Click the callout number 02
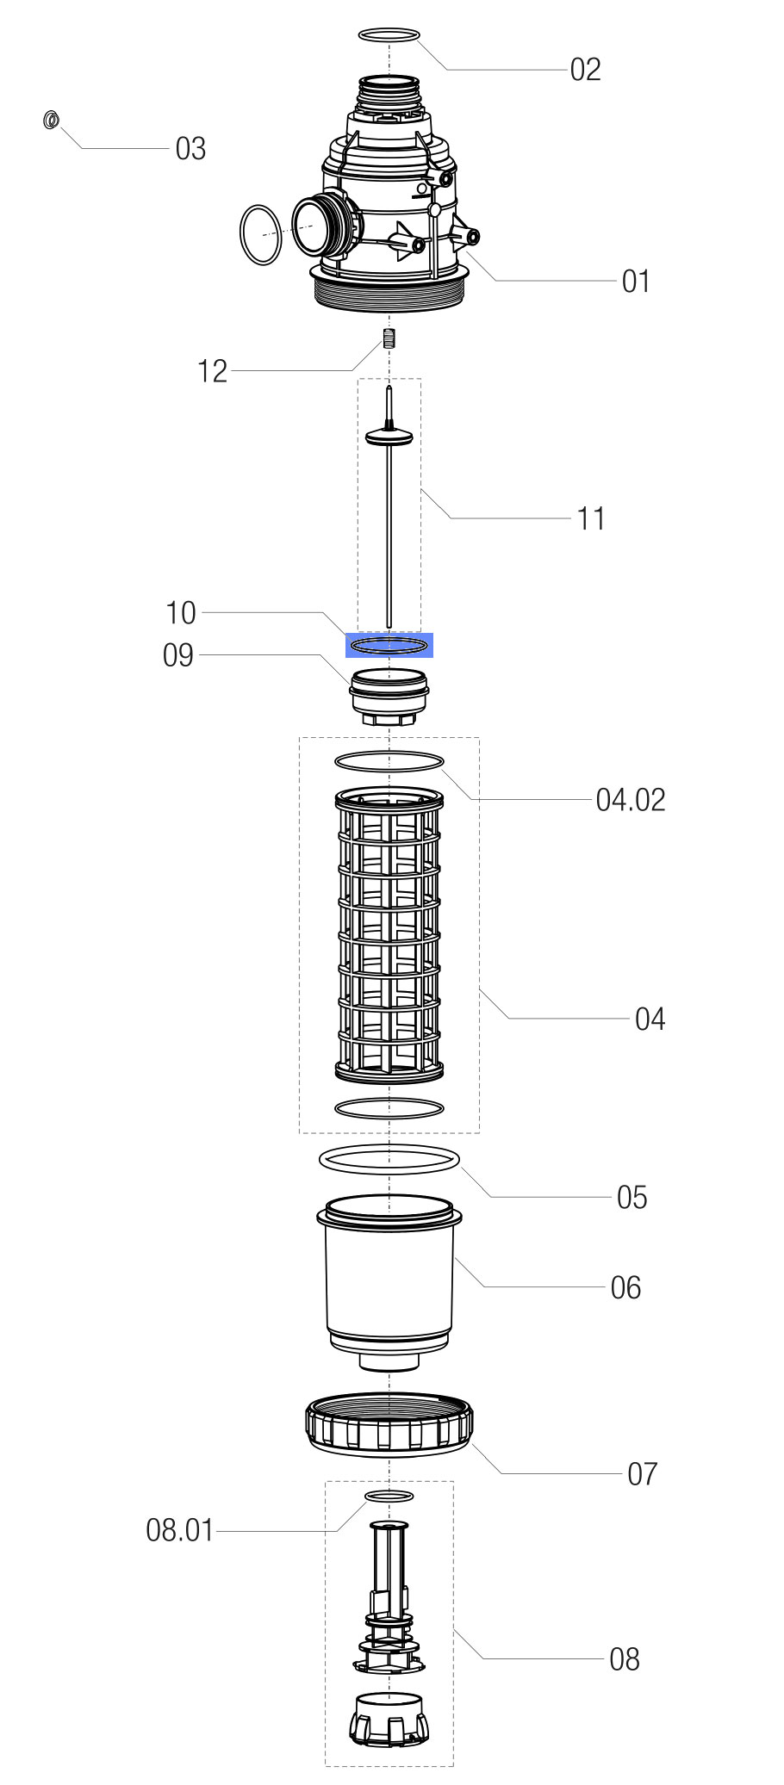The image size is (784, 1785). (x=585, y=70)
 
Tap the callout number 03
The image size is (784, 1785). (x=190, y=149)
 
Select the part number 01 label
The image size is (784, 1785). (x=635, y=282)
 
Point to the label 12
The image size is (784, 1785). (x=212, y=372)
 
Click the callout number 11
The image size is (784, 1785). (x=590, y=519)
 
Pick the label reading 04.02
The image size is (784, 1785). (x=631, y=801)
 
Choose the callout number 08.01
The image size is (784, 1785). (x=179, y=1530)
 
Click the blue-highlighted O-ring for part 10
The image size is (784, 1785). (x=389, y=645)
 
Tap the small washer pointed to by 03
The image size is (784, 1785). (x=51, y=120)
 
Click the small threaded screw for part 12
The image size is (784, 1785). (x=389, y=338)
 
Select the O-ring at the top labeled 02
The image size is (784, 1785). (x=389, y=35)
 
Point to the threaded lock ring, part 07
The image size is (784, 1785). (x=389, y=1426)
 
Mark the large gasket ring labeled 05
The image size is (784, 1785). (x=389, y=1160)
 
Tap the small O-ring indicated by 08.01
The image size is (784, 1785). (x=389, y=1496)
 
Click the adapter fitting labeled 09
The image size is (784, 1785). (x=389, y=696)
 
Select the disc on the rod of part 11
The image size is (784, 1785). (x=389, y=437)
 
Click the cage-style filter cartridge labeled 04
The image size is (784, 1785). (x=389, y=934)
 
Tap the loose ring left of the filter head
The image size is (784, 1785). (x=260, y=235)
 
